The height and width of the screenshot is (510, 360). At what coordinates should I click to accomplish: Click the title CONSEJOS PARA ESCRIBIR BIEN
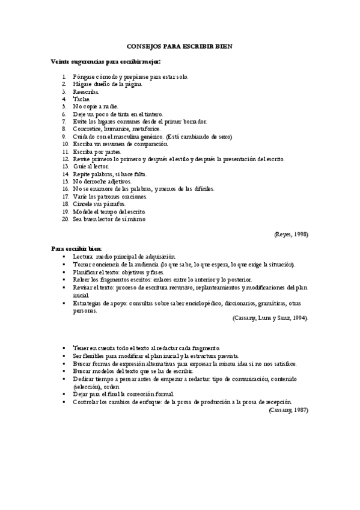coord(180,46)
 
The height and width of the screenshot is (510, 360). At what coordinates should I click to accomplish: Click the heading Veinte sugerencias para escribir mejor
coord(106,61)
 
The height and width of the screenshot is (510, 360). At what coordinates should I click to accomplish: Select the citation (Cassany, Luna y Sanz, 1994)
coord(270,318)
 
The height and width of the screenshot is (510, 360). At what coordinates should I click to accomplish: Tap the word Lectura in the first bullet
coord(83,256)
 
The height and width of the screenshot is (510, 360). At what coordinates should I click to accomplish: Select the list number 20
coord(65,219)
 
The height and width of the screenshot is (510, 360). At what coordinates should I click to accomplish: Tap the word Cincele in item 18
coord(83,204)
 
